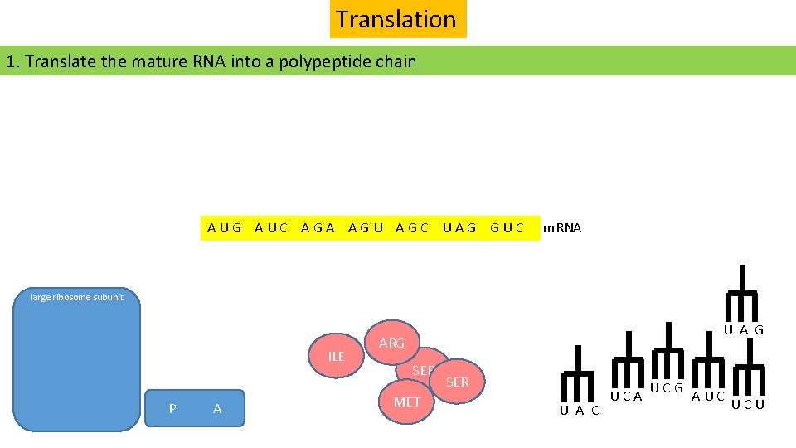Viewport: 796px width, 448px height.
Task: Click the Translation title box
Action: [397, 19]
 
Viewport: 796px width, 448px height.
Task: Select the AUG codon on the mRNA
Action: [225, 228]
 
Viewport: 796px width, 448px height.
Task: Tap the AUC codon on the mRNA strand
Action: [272, 228]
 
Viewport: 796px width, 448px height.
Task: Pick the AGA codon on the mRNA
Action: [318, 228]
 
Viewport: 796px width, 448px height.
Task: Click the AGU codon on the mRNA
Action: [366, 228]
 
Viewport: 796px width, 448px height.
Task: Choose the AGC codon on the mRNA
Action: [412, 228]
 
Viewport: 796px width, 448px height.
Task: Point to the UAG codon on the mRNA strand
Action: [459, 228]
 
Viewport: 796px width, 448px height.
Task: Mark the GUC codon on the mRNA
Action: [507, 228]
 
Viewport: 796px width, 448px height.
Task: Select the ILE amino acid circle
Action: [336, 356]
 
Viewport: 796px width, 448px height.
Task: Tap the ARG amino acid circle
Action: [391, 343]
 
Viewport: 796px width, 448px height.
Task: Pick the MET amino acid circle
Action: [406, 402]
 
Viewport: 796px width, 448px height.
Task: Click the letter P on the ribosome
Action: [172, 408]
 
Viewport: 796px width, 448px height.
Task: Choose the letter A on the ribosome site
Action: [217, 408]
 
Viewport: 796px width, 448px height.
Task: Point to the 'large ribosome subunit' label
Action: [76, 297]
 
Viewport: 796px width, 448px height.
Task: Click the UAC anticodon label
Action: [580, 411]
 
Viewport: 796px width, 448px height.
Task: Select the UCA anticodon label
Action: [627, 397]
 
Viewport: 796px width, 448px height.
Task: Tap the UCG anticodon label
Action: [666, 388]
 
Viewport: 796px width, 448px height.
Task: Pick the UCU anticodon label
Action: [748, 405]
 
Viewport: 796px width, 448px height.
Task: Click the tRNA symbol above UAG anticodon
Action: [742, 290]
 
